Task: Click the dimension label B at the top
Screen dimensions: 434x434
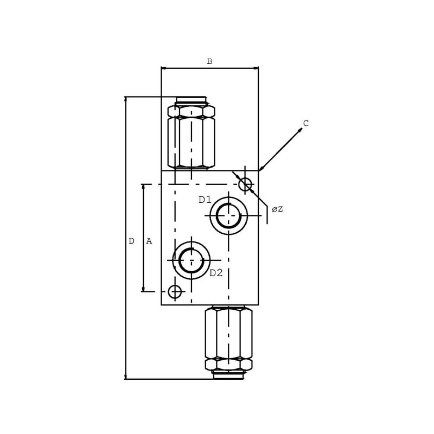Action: tap(209, 61)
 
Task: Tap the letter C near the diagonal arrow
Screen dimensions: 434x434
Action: tap(306, 123)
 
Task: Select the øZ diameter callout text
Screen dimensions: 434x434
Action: tap(277, 209)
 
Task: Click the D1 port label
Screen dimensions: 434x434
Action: tap(205, 200)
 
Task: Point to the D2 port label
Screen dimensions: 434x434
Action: tap(216, 273)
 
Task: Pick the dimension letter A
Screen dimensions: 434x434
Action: tap(149, 241)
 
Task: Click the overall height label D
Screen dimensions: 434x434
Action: tap(132, 241)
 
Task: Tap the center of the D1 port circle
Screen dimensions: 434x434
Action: tap(228, 215)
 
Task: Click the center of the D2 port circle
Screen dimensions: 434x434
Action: tap(192, 260)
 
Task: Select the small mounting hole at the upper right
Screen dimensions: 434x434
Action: tap(245, 184)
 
